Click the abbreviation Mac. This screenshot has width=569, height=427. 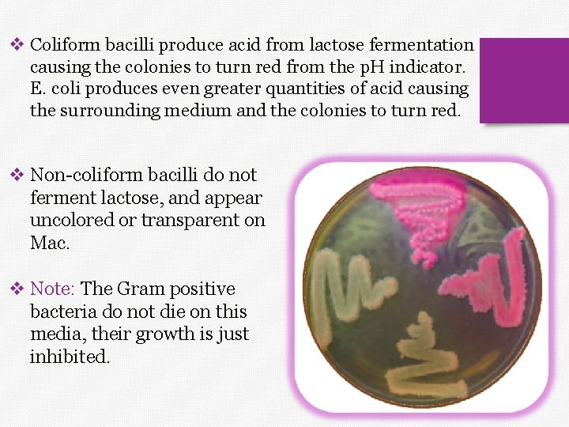click(x=50, y=242)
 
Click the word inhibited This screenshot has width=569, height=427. click(x=70, y=357)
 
